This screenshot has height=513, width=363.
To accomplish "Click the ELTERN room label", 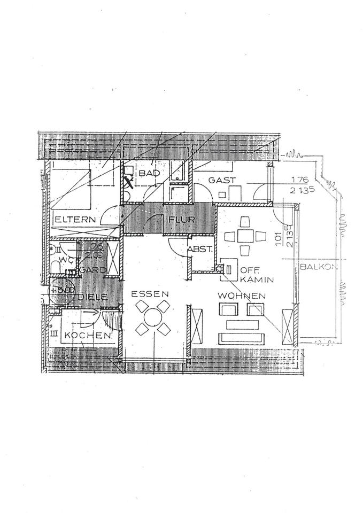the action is [x=74, y=219].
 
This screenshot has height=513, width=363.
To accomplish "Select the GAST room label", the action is [x=222, y=181].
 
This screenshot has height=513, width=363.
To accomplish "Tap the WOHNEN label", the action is [x=242, y=295].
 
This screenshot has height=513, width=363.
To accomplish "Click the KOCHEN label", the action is [x=88, y=335].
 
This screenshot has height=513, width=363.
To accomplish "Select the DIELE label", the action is [x=95, y=297].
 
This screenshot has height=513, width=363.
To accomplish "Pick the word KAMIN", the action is [x=257, y=279].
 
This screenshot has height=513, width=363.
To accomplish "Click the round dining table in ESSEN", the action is [x=152, y=317].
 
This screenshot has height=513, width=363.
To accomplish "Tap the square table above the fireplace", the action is [x=245, y=236].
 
